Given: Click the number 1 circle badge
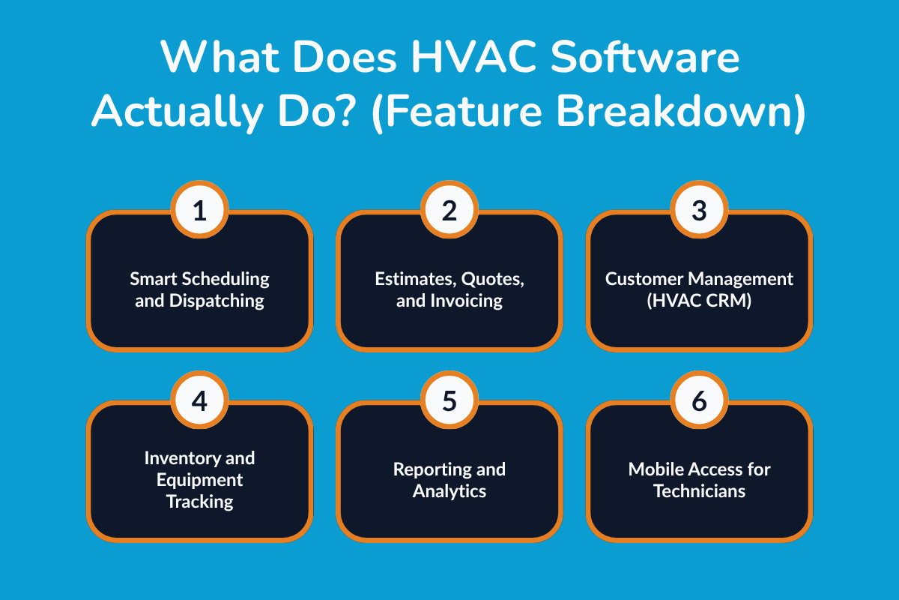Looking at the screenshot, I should (x=199, y=211).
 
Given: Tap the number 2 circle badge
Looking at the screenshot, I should (x=449, y=211).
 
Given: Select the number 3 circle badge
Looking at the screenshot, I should (x=698, y=211).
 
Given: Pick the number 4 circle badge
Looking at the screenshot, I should (x=199, y=401).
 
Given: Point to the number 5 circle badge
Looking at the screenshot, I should (x=449, y=401).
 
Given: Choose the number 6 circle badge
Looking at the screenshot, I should (x=698, y=401).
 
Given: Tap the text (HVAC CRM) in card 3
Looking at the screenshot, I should (x=699, y=301).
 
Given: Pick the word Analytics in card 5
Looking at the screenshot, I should (x=449, y=491).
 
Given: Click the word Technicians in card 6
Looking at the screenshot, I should (x=699, y=491).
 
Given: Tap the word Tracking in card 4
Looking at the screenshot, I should (x=199, y=501).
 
